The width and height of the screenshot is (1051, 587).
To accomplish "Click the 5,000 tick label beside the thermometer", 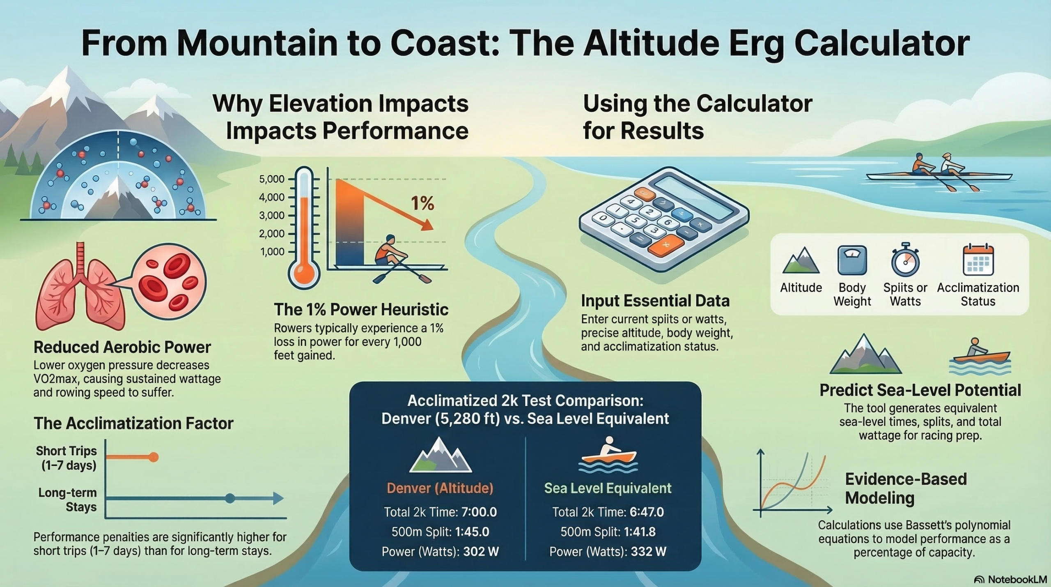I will [272, 180].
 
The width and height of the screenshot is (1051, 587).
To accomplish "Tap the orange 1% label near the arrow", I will [422, 203].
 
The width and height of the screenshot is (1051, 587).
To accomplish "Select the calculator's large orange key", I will [665, 245].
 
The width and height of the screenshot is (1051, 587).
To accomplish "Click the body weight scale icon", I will [852, 260].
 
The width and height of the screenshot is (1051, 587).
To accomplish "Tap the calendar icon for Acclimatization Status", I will [978, 260].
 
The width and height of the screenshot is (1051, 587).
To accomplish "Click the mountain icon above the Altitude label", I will [801, 261].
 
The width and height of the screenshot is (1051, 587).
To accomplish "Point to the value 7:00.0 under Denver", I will [479, 512].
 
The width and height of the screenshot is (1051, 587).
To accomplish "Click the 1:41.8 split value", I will [640, 532].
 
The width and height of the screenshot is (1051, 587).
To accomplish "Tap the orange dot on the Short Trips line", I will [154, 457].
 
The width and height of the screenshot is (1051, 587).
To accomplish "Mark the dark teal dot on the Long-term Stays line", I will [230, 498].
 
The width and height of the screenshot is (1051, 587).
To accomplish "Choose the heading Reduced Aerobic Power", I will [122, 348].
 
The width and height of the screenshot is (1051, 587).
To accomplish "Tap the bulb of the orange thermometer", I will [304, 273].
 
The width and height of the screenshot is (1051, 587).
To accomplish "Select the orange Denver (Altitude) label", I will [440, 488].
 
